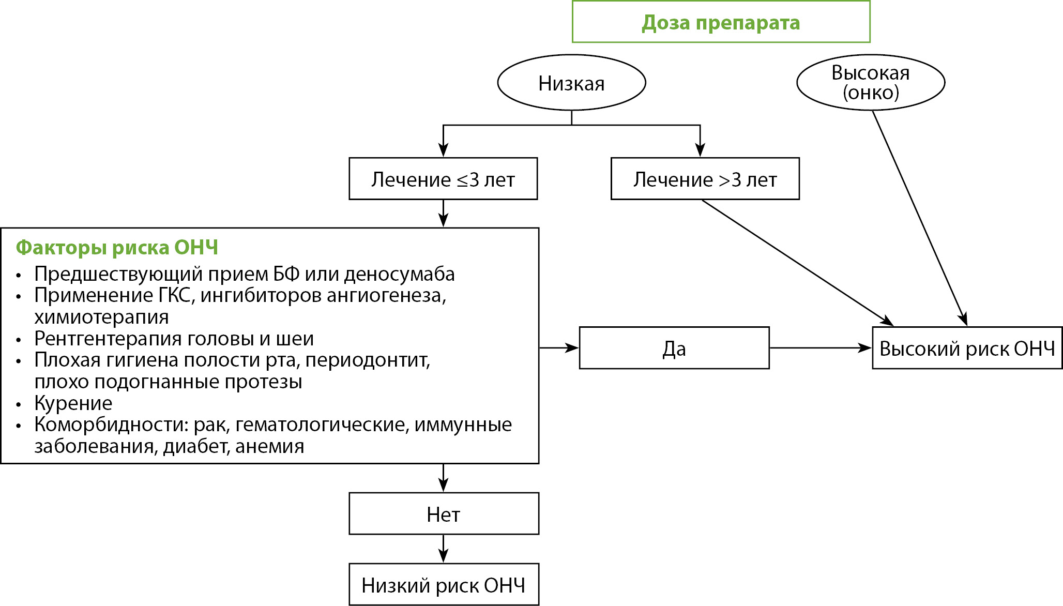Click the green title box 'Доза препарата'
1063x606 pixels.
721,22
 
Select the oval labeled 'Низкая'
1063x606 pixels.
571,83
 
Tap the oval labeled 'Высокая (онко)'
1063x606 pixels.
871,83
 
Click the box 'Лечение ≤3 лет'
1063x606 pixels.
443,179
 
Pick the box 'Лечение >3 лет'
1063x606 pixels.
705,179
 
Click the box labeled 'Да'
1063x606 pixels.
674,348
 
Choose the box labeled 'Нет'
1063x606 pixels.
444,514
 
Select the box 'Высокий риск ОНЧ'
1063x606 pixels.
967,348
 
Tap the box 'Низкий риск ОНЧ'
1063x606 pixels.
444,585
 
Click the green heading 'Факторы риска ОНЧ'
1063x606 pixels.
117,247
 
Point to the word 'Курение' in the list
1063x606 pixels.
73,403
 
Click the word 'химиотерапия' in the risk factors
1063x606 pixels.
101,317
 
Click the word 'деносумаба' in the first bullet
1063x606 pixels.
399,274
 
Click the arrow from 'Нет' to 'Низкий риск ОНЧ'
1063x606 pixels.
443,549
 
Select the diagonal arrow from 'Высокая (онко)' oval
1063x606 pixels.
919,217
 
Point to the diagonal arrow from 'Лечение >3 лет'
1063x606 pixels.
796,262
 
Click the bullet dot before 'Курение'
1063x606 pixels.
19,404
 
